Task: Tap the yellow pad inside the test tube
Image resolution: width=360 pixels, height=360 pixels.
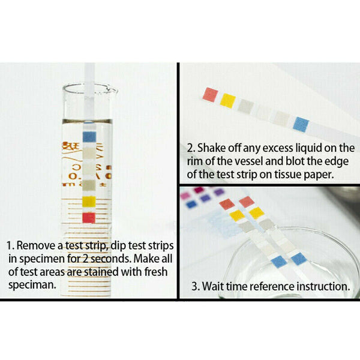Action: click(89, 200)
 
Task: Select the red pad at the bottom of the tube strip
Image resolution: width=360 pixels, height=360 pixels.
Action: click(89, 217)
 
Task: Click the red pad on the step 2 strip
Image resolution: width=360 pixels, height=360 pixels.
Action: click(211, 94)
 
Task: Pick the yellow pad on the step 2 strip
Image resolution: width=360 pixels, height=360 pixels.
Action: click(228, 100)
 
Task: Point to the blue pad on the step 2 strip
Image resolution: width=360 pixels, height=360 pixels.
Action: click(301, 124)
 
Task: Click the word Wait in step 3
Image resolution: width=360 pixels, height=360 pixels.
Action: click(214, 286)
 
